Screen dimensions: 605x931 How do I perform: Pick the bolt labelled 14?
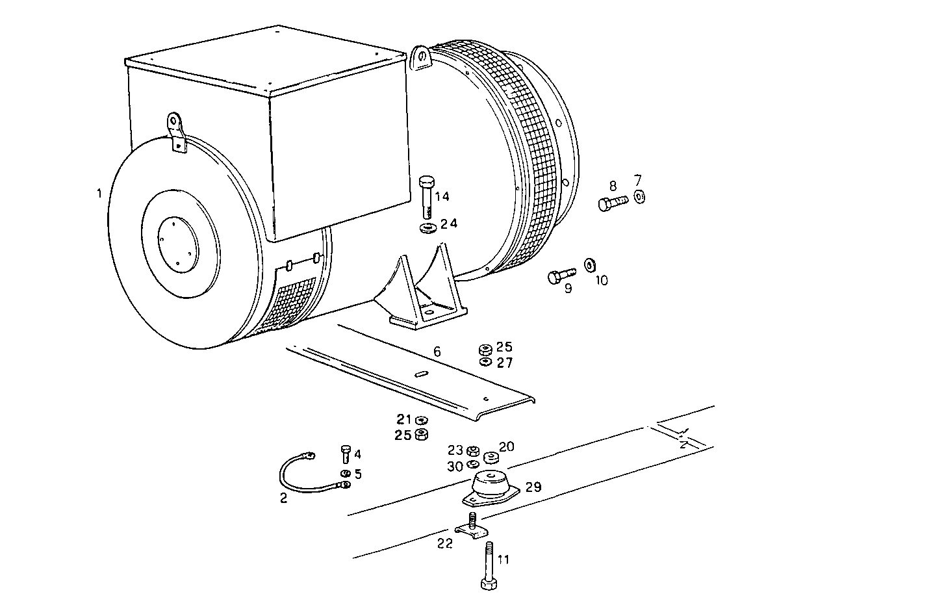coord(427,195)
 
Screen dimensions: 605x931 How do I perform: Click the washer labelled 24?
coord(428,228)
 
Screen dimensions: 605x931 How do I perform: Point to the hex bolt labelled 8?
coord(611,203)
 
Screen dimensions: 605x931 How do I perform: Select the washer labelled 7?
coord(639,196)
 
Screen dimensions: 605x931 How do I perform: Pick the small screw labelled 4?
coord(346,454)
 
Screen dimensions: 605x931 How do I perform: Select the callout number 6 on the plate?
coord(437,352)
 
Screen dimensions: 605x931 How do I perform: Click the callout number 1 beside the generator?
coord(99,193)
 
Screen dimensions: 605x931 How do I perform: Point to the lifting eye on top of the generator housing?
coord(422,57)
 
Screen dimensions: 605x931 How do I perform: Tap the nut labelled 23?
coord(474,450)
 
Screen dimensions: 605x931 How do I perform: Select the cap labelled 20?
coord(491,457)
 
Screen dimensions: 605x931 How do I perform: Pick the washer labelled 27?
coord(485,361)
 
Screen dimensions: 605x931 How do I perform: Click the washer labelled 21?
coord(421,420)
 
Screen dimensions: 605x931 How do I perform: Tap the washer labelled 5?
coord(345,473)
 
